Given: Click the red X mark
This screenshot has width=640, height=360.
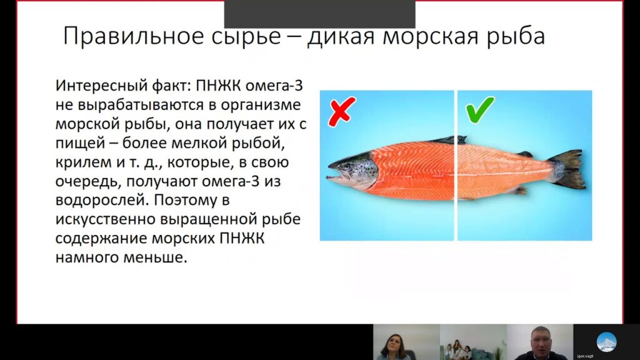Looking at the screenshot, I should [x=341, y=110].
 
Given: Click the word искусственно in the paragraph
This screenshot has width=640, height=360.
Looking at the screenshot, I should [x=102, y=221].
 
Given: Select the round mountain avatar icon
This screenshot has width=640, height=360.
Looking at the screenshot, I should [x=606, y=341].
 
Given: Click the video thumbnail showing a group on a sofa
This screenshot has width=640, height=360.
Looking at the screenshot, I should [x=472, y=343].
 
